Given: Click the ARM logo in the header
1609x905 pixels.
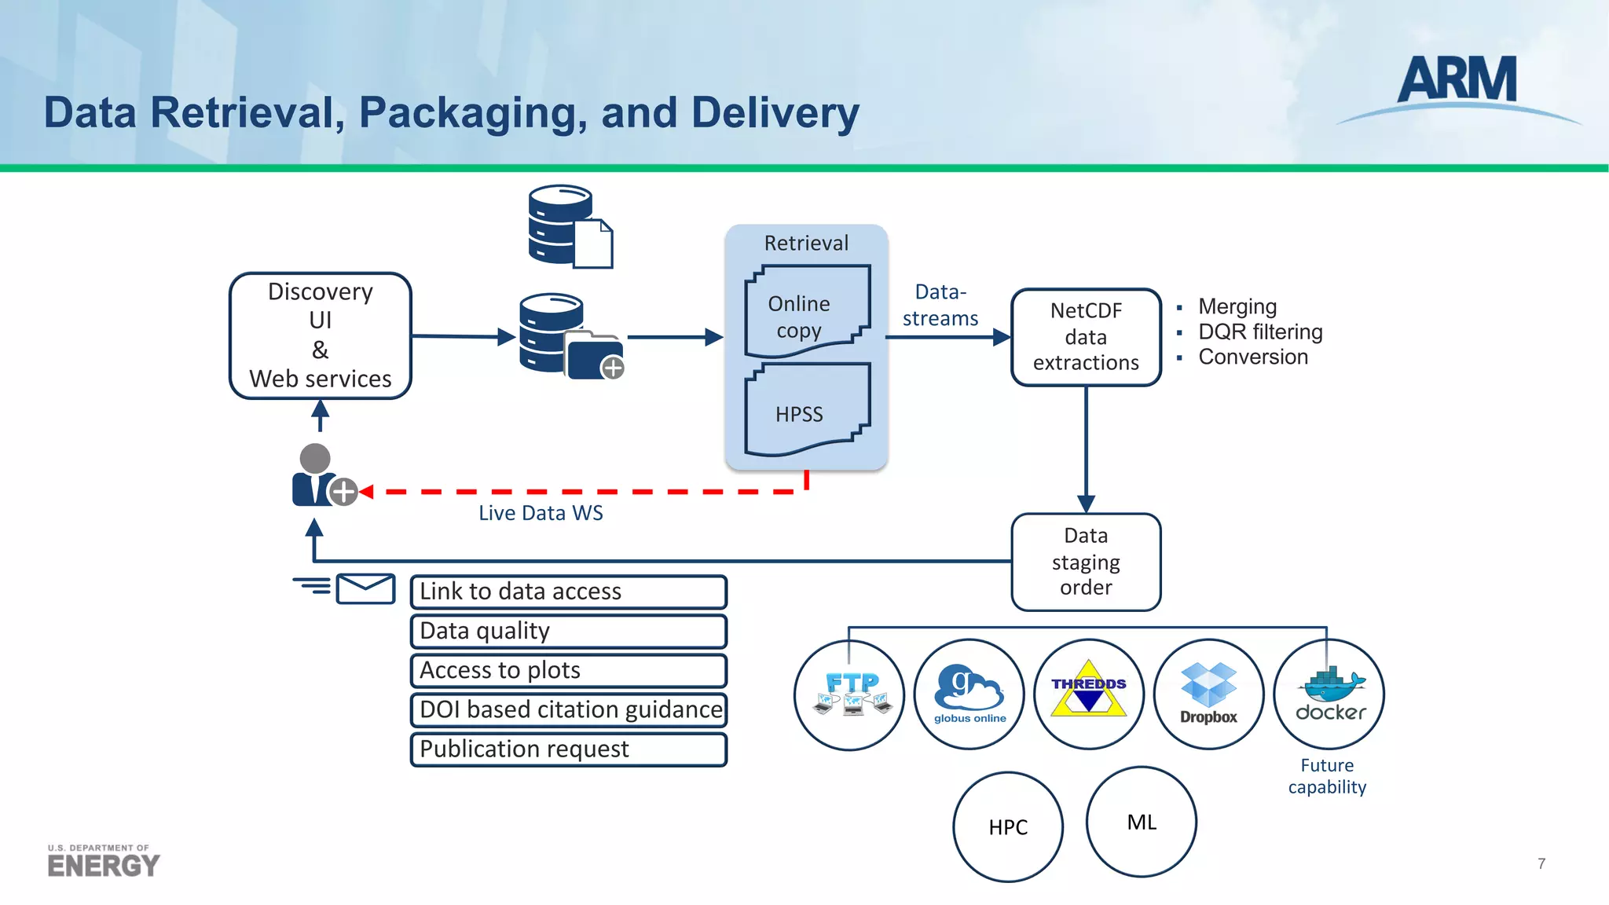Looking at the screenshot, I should (x=1457, y=82).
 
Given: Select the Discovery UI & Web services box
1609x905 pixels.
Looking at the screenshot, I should (x=320, y=335).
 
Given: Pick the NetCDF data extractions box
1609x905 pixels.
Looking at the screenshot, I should (x=1086, y=337).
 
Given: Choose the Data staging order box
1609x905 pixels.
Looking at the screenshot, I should (x=1086, y=562).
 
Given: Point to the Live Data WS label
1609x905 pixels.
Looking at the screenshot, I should (x=541, y=513).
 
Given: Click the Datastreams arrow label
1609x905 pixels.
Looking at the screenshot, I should (x=940, y=306).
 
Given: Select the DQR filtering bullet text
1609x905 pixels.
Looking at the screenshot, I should (x=1259, y=332).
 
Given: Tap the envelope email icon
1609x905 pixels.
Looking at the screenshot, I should (x=365, y=588).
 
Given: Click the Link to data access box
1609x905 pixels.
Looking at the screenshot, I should (x=568, y=592).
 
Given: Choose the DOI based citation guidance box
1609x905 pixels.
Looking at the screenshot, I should (x=568, y=709).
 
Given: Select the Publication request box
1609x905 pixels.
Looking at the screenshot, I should (x=568, y=749).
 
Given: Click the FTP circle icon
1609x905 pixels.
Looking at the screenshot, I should (x=849, y=694).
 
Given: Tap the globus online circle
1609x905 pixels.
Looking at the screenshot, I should (x=969, y=694).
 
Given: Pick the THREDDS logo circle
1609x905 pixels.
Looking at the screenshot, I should (x=1089, y=694).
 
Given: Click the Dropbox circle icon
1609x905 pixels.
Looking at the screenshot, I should (x=1208, y=694).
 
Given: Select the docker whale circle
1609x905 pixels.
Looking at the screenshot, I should (x=1329, y=694).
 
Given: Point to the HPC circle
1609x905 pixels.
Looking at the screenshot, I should (x=1008, y=826).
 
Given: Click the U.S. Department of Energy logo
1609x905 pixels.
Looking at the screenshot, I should (x=103, y=861).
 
